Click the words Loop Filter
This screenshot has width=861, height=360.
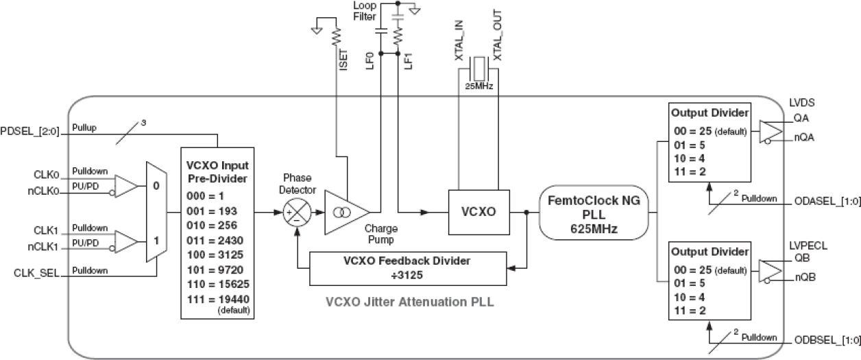365,11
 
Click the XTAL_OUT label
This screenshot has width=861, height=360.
498,36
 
